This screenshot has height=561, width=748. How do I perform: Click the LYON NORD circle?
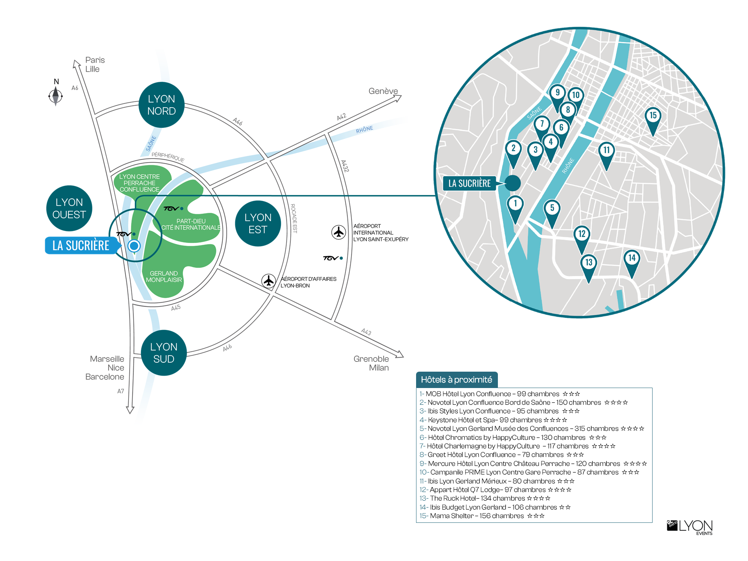161,105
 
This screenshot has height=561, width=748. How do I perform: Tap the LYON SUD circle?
164,353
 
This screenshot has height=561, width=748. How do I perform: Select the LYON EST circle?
258,224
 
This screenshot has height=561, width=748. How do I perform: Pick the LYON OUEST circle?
69,208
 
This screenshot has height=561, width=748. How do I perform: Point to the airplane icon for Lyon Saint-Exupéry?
339,232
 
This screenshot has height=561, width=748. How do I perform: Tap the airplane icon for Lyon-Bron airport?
268,280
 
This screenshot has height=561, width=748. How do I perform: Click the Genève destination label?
383,91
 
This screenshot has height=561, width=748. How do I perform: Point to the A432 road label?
345,166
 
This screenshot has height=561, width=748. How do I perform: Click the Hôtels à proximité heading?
457,380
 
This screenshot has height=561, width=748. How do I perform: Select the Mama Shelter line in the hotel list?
482,516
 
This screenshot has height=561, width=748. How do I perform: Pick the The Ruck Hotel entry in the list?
485,498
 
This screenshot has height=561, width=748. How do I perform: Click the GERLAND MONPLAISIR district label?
164,277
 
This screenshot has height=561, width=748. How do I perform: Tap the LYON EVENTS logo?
690,527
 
